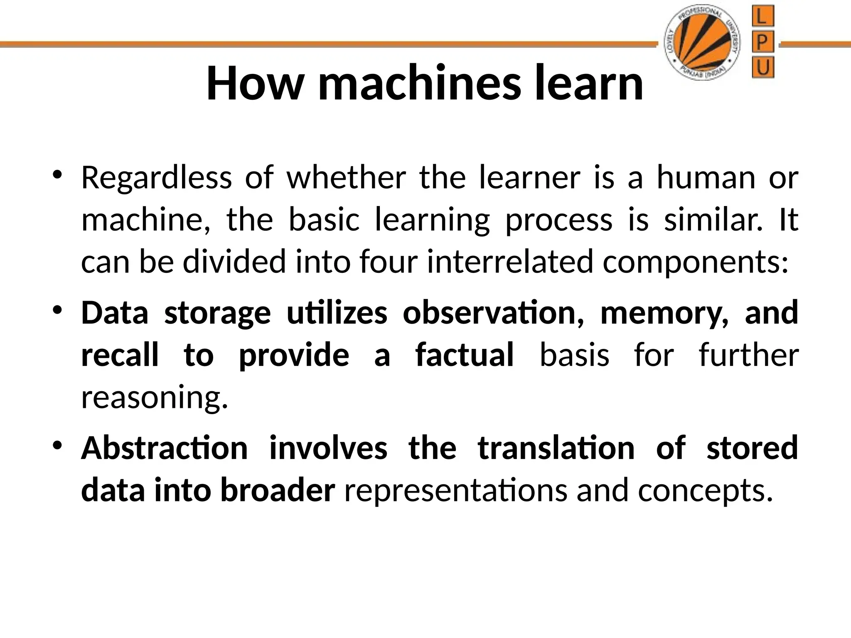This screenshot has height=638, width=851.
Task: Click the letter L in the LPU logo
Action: [763, 17]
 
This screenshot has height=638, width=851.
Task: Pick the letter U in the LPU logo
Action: [763, 67]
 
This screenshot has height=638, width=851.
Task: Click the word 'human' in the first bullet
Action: [706, 178]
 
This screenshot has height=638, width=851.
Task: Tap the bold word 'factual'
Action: [465, 355]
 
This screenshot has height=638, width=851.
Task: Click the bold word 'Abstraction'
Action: [165, 448]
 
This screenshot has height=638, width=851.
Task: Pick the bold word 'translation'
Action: [556, 448]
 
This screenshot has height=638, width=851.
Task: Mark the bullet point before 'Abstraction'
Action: [57, 446]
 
